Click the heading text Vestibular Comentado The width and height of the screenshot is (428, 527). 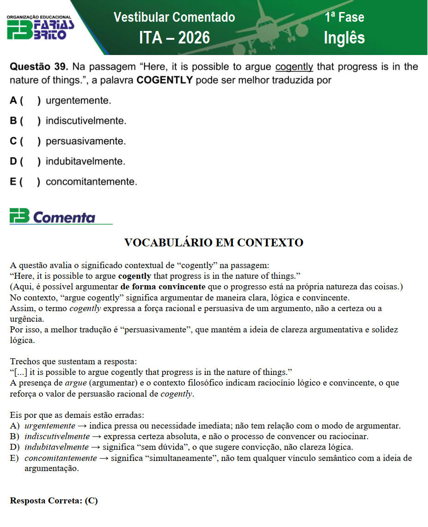point(174,18)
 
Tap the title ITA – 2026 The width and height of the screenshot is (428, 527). point(174,38)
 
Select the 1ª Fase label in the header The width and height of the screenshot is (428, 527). point(344,18)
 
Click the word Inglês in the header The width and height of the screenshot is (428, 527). point(344,38)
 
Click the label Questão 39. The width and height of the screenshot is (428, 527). point(39,67)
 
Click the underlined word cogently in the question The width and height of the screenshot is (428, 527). point(294,67)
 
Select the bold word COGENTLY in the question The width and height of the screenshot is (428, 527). point(165,80)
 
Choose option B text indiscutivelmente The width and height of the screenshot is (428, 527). point(86,121)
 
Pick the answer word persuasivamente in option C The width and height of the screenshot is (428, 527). point(86,141)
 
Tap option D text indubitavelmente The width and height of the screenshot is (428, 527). point(86,162)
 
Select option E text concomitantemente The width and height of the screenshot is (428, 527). point(91,182)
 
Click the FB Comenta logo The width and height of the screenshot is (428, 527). point(53,216)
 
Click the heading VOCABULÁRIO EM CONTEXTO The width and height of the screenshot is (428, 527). point(214,243)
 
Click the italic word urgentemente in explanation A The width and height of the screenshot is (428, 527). point(49,426)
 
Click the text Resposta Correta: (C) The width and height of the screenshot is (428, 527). point(54,501)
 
